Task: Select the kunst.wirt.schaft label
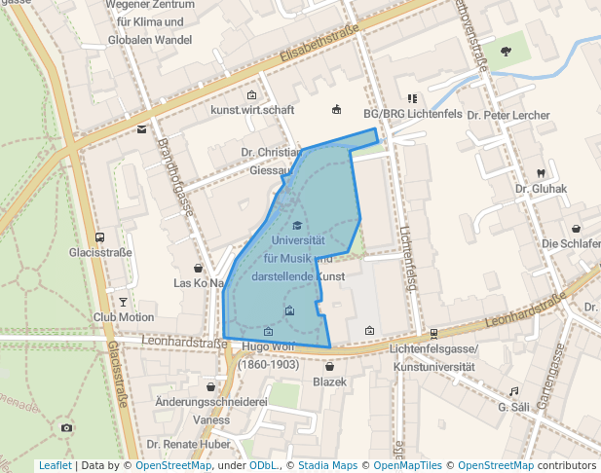click(x=252, y=110)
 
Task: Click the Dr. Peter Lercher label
click(x=508, y=115)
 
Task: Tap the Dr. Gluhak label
click(x=535, y=189)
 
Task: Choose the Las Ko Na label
click(x=199, y=283)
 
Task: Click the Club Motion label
click(x=124, y=317)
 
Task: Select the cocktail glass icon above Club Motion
click(x=124, y=302)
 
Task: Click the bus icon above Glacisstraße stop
click(x=99, y=237)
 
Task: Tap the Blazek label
click(x=329, y=382)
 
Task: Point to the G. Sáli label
click(x=512, y=407)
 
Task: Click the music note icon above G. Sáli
click(x=513, y=391)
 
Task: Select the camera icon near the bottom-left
click(x=66, y=427)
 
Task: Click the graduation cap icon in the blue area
click(x=297, y=225)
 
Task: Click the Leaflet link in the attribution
click(x=55, y=465)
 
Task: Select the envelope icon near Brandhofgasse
click(x=142, y=129)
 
